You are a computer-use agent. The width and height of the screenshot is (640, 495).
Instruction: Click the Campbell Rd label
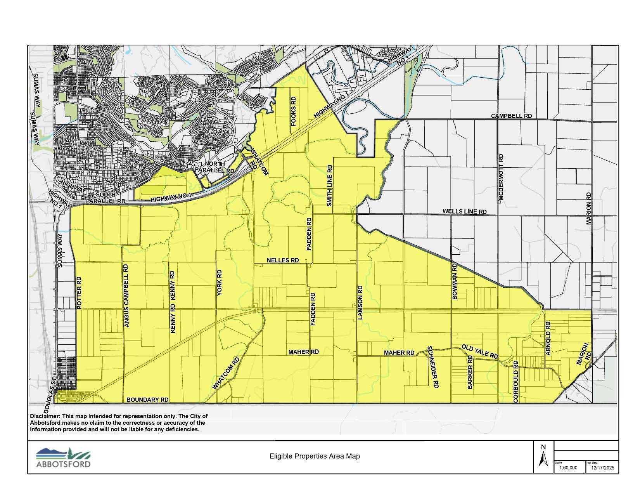[511, 116]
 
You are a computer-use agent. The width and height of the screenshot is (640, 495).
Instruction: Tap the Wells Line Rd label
[464, 212]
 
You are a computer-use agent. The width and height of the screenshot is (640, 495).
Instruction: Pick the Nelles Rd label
[283, 260]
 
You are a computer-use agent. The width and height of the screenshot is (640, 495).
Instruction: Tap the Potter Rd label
[79, 293]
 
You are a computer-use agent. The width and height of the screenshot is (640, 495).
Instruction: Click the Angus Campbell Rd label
[126, 296]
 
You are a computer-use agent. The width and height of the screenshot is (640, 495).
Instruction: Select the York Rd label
[220, 283]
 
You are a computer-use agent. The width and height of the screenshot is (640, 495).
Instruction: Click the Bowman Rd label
[455, 281]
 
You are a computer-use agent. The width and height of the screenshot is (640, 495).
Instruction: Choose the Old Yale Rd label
[479, 351]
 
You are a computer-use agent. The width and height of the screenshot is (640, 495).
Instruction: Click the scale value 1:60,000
[568, 468]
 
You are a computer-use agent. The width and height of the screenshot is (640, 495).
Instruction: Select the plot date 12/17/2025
[603, 468]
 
